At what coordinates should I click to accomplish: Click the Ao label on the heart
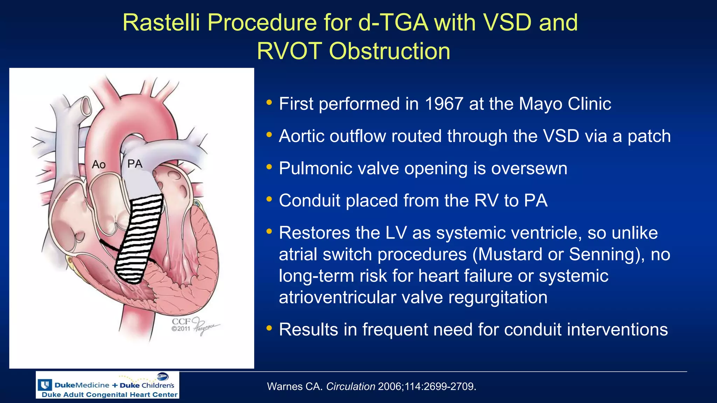(x=99, y=164)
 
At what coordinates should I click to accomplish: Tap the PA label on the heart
(x=135, y=164)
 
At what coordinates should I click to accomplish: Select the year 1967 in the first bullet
(x=444, y=104)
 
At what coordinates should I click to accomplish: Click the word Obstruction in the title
(x=389, y=51)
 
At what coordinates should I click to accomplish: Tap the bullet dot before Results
(x=269, y=328)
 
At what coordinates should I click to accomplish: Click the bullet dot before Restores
(x=269, y=231)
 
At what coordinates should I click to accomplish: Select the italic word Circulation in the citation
(x=350, y=387)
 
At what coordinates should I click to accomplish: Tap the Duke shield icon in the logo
(x=45, y=385)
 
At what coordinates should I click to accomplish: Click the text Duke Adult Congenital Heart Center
(x=109, y=395)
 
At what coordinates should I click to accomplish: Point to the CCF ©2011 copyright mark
(x=181, y=325)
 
